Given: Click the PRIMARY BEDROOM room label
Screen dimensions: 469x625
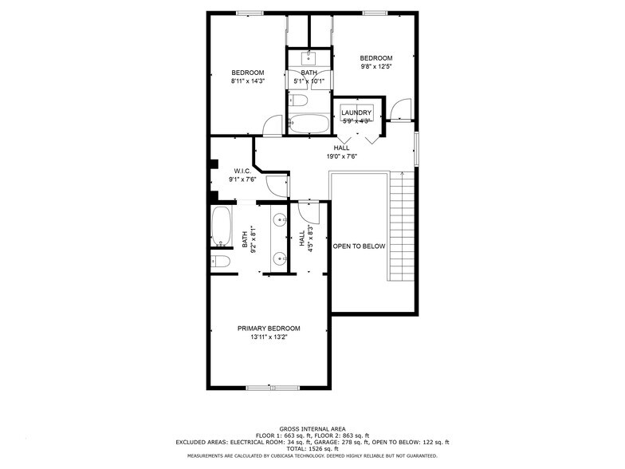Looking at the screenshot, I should click(x=269, y=329).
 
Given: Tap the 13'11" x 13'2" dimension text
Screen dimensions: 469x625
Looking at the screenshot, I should click(x=269, y=337).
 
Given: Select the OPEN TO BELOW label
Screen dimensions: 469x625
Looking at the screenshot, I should click(x=359, y=246).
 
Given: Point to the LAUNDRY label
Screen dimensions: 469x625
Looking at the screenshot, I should click(x=356, y=113).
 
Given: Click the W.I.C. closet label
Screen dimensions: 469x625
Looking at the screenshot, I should click(x=243, y=171).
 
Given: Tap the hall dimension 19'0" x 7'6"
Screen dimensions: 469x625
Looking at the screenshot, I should click(x=341, y=156).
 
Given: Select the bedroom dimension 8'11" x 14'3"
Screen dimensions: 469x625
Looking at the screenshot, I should click(x=247, y=81).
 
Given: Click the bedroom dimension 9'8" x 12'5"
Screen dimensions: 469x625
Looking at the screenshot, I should click(x=375, y=66).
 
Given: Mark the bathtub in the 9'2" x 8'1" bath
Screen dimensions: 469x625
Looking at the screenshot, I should click(x=221, y=227).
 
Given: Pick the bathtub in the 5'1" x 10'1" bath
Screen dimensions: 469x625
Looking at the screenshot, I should click(x=309, y=124).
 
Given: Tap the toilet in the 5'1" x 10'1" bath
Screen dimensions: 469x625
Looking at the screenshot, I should click(x=299, y=100).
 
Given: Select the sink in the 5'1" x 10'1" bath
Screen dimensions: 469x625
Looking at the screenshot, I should click(x=309, y=57).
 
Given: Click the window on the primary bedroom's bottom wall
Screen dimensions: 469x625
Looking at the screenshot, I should click(x=268, y=388).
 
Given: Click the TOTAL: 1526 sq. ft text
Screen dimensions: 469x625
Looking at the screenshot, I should click(x=312, y=448).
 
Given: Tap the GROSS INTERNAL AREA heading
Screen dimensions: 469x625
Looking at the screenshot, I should click(x=312, y=428).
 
